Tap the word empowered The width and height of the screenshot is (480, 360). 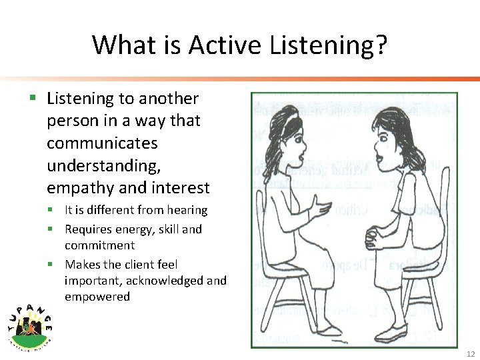click(x=97, y=297)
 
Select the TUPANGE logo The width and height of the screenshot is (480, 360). click(x=31, y=324)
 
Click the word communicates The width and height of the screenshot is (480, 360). click(x=102, y=143)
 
